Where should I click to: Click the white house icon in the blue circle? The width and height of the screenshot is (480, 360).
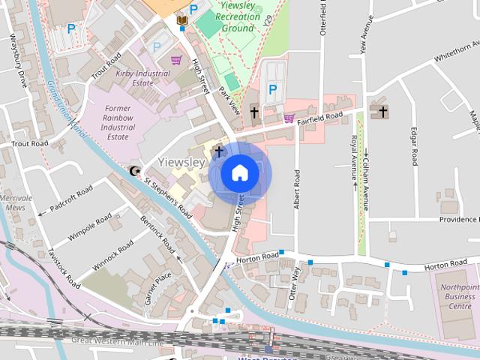(240, 173)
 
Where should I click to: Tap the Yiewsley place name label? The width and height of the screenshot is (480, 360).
(182, 162)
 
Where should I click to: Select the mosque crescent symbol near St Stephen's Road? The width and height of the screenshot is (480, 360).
(135, 172)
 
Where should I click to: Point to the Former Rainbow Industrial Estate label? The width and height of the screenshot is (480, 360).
(119, 123)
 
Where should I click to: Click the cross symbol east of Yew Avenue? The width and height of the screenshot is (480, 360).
(383, 112)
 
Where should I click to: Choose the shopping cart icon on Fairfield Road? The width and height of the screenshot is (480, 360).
(289, 118)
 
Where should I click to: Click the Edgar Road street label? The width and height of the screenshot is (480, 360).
(414, 146)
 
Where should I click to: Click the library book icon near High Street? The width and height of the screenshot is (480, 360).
(182, 19)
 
